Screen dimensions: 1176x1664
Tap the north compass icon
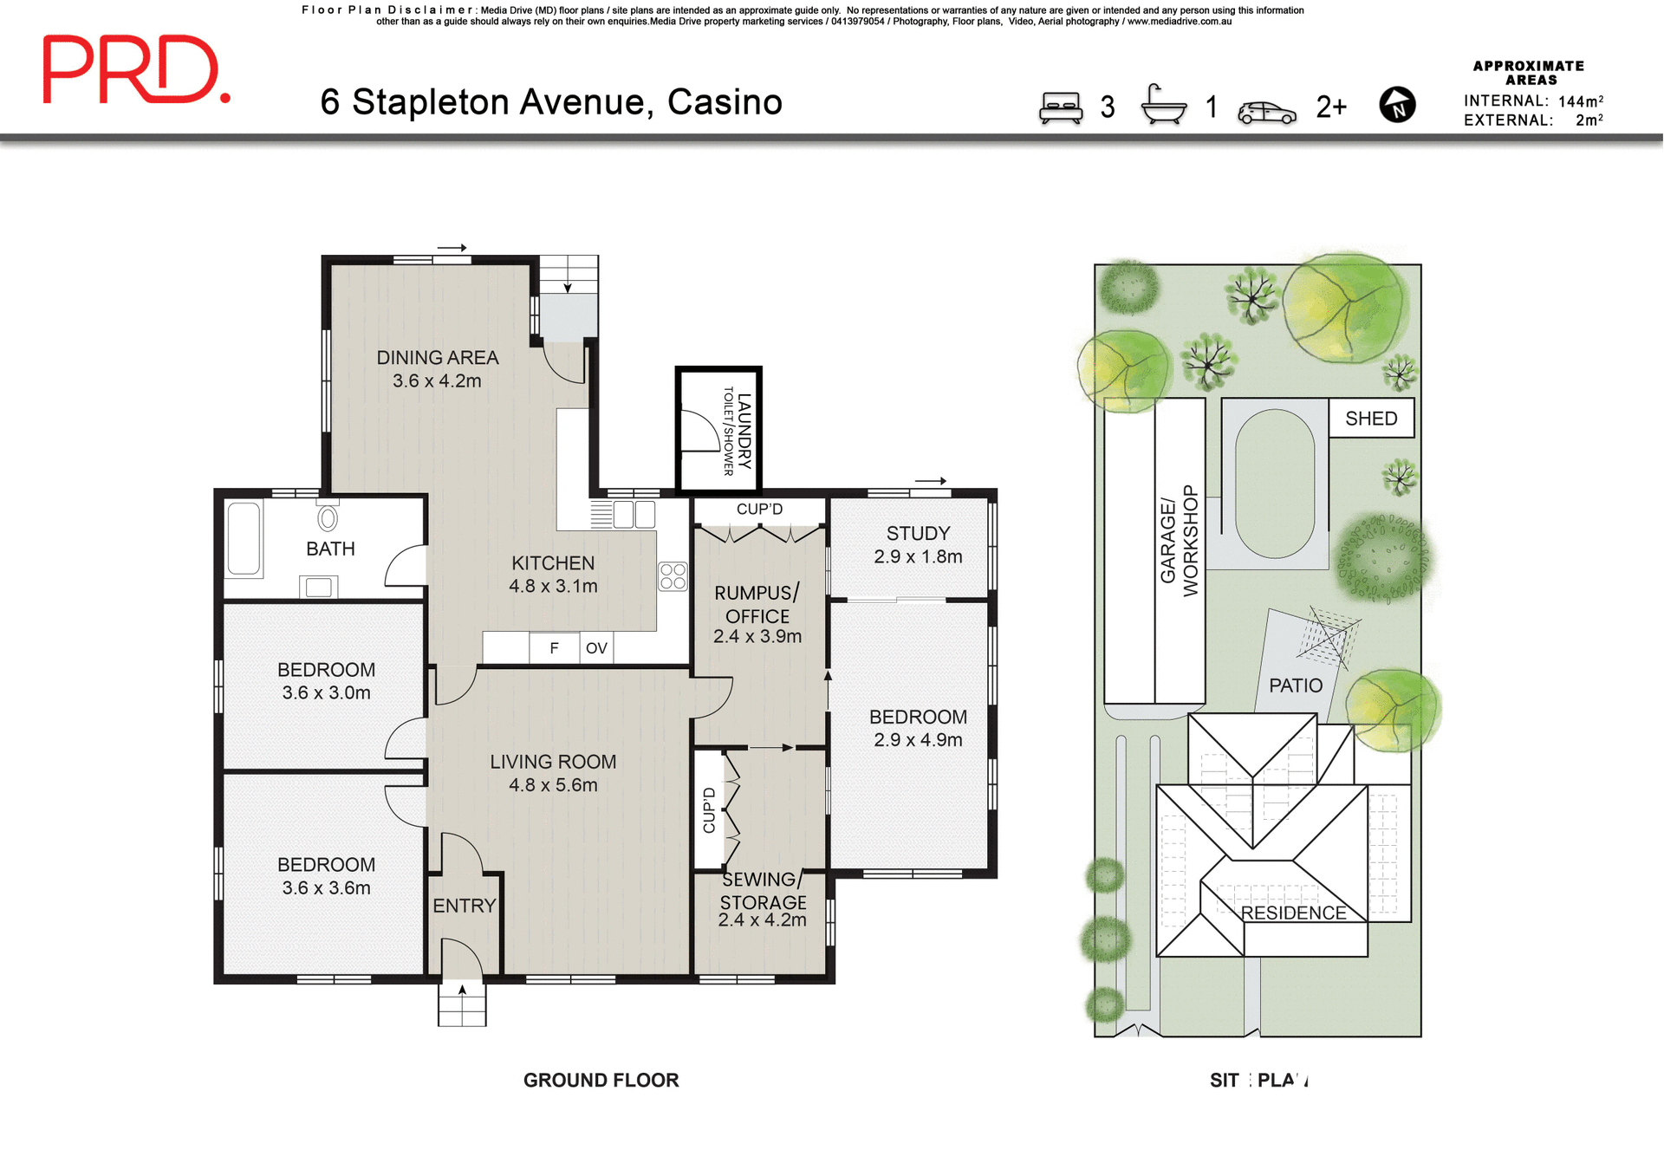(x=1397, y=105)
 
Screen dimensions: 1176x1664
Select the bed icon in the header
(x=1061, y=108)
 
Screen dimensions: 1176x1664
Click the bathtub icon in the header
(x=1163, y=106)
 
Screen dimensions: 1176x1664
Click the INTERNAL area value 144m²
(x=1580, y=101)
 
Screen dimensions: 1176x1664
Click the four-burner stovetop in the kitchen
(x=673, y=576)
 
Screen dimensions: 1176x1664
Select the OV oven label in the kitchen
(x=596, y=648)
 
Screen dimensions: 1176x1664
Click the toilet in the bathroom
(x=328, y=518)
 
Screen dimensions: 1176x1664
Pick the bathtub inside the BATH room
(x=244, y=539)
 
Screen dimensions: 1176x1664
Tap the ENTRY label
(x=464, y=906)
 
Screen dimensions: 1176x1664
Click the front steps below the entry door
(x=462, y=1005)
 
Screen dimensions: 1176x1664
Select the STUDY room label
(x=918, y=534)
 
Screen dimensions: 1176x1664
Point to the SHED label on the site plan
(x=1371, y=419)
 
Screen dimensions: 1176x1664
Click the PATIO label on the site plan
(x=1295, y=685)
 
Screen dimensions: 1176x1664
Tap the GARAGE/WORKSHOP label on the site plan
(x=1179, y=541)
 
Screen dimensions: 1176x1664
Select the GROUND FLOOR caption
(x=601, y=1080)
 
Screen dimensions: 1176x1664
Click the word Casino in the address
(x=725, y=102)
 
